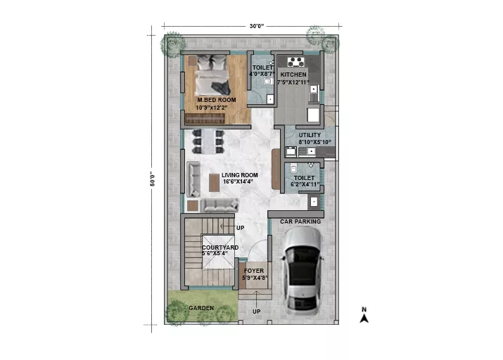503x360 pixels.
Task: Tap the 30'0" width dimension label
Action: pyautogui.click(x=257, y=26)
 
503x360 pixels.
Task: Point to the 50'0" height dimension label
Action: pyautogui.click(x=153, y=179)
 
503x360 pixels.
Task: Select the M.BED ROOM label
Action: pyautogui.click(x=217, y=100)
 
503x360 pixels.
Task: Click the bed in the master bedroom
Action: pyautogui.click(x=212, y=75)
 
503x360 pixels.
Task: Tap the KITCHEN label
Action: pyautogui.click(x=293, y=75)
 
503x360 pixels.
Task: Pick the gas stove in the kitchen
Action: pyautogui.click(x=295, y=62)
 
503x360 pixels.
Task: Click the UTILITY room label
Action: pyautogui.click(x=310, y=135)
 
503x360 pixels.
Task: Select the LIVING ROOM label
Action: pyautogui.click(x=240, y=175)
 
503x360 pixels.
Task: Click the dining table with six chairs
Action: pyautogui.click(x=208, y=141)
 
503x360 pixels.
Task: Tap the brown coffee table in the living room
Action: pyautogui.click(x=214, y=183)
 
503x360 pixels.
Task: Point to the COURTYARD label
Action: pyautogui.click(x=220, y=247)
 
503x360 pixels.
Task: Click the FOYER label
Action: pyautogui.click(x=254, y=271)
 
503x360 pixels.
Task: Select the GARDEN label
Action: pyautogui.click(x=201, y=308)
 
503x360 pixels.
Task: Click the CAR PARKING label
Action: pyautogui.click(x=300, y=221)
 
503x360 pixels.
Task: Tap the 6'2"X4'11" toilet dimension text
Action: pyautogui.click(x=305, y=184)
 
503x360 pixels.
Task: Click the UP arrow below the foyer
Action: pyautogui.click(x=256, y=298)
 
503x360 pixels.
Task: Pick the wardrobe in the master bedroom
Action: pyautogui.click(x=205, y=118)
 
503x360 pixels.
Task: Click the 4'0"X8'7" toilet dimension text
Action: pyautogui.click(x=262, y=74)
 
